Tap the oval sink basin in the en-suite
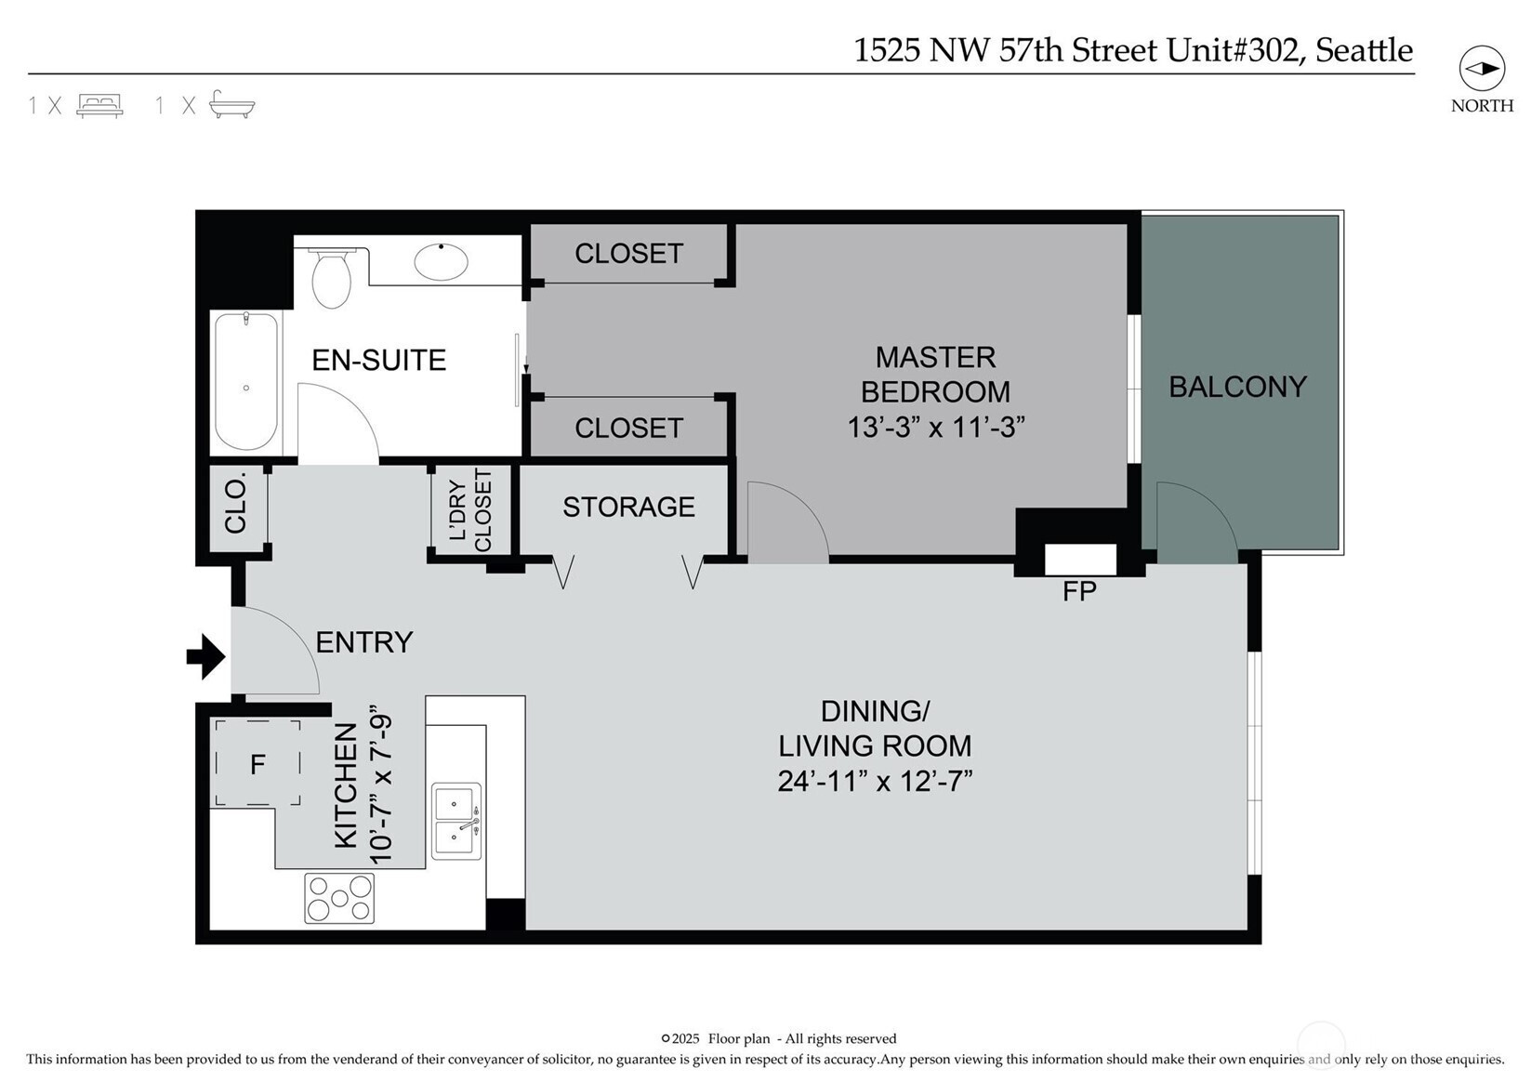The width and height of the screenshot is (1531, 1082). click(441, 261)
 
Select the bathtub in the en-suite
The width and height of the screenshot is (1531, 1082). click(246, 381)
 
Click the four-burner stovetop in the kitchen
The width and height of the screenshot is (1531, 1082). click(339, 898)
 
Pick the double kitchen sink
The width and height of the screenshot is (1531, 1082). click(455, 821)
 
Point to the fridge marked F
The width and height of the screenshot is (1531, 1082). click(257, 763)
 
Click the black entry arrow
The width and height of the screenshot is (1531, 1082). click(205, 657)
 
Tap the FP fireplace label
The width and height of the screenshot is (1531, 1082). click(1079, 591)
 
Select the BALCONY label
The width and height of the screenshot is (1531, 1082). click(1238, 387)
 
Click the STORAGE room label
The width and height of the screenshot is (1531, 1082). click(628, 507)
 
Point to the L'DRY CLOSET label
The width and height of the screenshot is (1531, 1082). click(471, 510)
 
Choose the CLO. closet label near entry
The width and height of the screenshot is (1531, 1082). click(235, 506)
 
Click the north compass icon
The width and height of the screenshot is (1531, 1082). click(1482, 69)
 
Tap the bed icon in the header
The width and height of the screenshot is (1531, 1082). click(99, 105)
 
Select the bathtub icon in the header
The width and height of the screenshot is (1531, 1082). click(231, 105)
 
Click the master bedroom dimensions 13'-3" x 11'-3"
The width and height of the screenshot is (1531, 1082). click(936, 428)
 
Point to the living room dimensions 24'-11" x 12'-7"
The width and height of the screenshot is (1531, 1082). click(875, 781)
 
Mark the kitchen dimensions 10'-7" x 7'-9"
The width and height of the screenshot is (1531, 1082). click(381, 789)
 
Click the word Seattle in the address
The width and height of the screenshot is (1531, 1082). click(1365, 50)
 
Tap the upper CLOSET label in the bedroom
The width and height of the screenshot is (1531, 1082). click(628, 254)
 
